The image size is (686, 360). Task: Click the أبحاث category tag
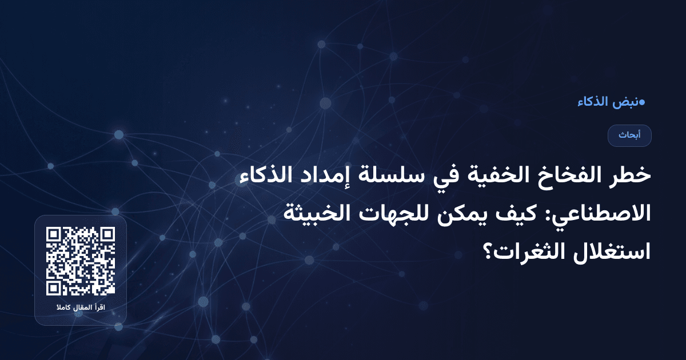click(x=629, y=135)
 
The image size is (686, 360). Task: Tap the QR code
click(x=81, y=261)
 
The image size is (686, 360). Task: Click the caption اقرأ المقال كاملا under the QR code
click(x=81, y=309)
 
